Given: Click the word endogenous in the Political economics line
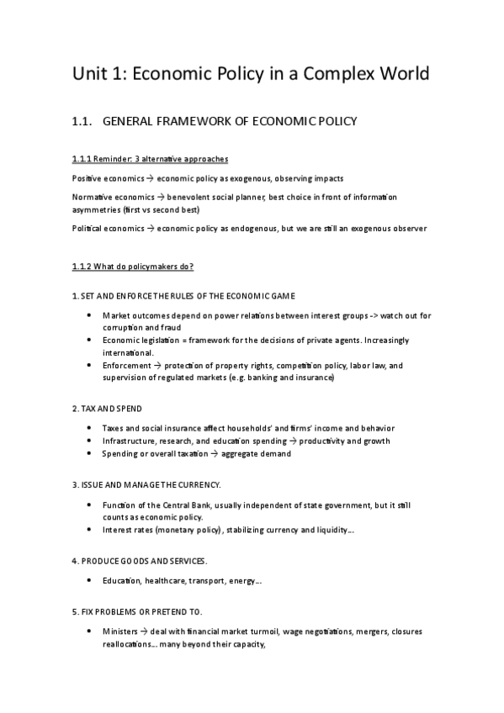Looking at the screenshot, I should pos(239,228).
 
